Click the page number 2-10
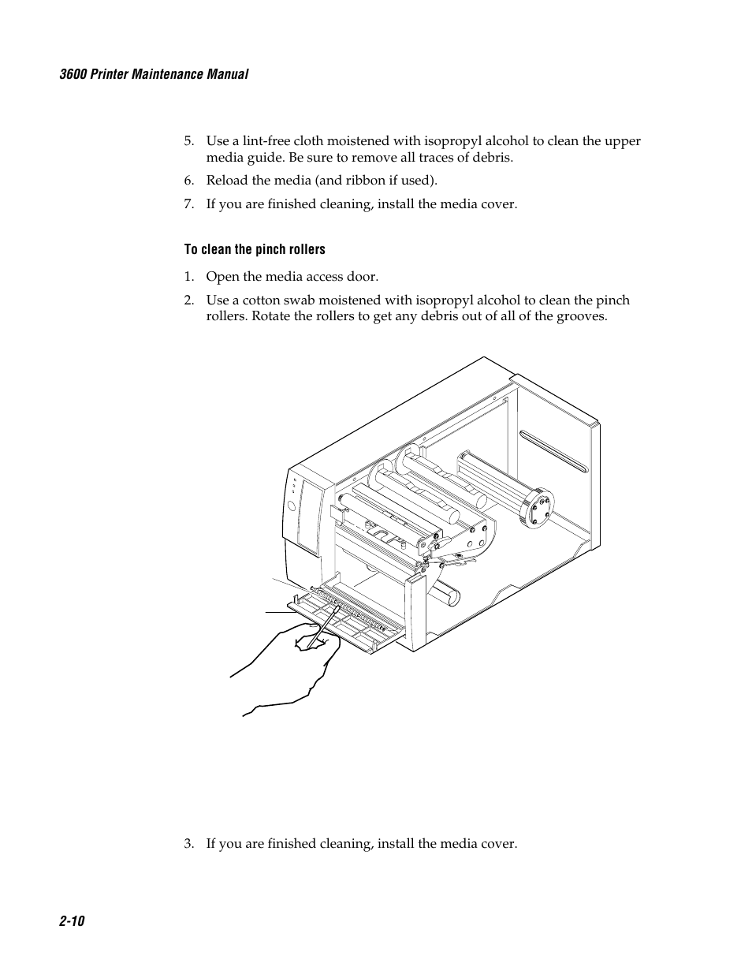tap(71, 921)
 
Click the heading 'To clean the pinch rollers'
tap(255, 249)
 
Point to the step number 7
tap(188, 204)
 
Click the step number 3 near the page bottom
tap(188, 844)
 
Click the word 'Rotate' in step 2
tap(270, 316)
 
